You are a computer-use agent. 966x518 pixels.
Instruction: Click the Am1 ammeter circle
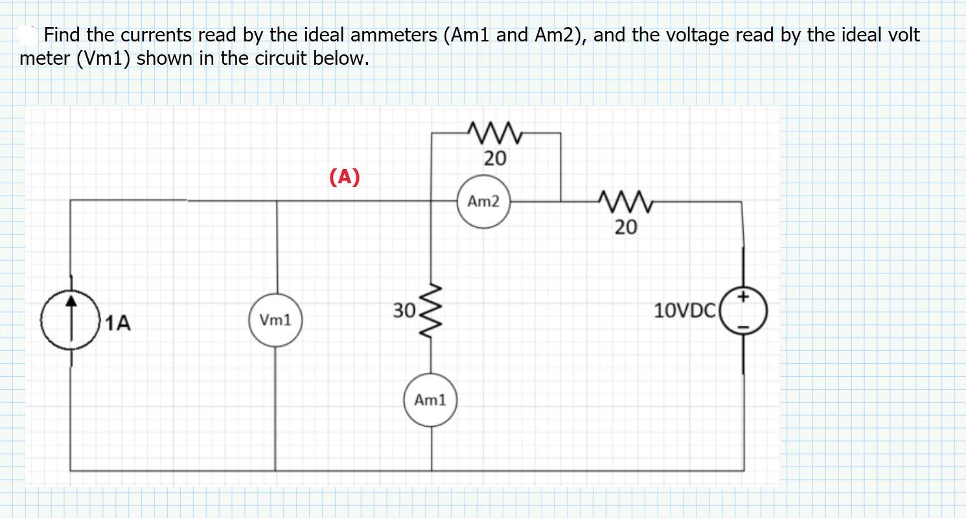point(430,400)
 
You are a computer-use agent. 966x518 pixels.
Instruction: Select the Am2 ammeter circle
point(483,202)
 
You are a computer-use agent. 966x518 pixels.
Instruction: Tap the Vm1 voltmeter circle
point(275,320)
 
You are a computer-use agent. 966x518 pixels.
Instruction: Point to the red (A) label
point(344,176)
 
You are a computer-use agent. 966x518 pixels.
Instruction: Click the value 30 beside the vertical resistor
point(404,311)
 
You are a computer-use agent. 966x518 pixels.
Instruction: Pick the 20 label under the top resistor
point(495,158)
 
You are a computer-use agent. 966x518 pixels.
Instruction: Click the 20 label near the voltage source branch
point(626,227)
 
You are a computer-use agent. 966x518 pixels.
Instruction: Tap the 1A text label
point(118,322)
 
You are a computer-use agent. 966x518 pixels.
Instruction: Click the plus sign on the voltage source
point(744,297)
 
